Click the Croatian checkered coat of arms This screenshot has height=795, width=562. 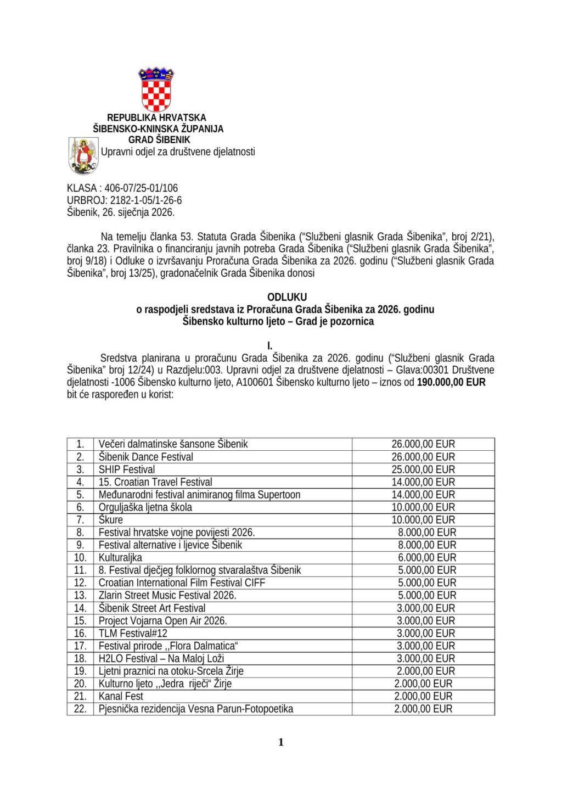click(156, 89)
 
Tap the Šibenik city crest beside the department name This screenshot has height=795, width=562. click(83, 155)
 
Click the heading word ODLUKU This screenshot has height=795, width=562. click(287, 298)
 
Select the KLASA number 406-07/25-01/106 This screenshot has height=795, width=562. click(141, 188)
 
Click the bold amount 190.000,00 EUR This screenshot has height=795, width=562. click(451, 382)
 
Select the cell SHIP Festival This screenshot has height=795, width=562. click(127, 469)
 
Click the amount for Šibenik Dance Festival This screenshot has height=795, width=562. click(423, 457)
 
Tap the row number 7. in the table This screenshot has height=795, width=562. click(80, 520)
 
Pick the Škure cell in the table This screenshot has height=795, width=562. click(111, 520)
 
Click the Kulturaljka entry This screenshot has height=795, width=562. click(120, 558)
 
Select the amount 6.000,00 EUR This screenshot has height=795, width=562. click(427, 558)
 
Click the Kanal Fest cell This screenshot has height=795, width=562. click(121, 697)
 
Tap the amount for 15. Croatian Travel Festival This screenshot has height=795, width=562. click(423, 482)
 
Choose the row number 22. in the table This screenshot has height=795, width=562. click(80, 709)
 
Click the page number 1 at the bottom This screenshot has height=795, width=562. click(281, 743)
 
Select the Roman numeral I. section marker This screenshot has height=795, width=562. click(269, 346)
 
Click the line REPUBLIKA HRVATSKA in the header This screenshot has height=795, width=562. click(156, 117)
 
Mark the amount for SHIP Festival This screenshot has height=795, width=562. click(423, 469)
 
